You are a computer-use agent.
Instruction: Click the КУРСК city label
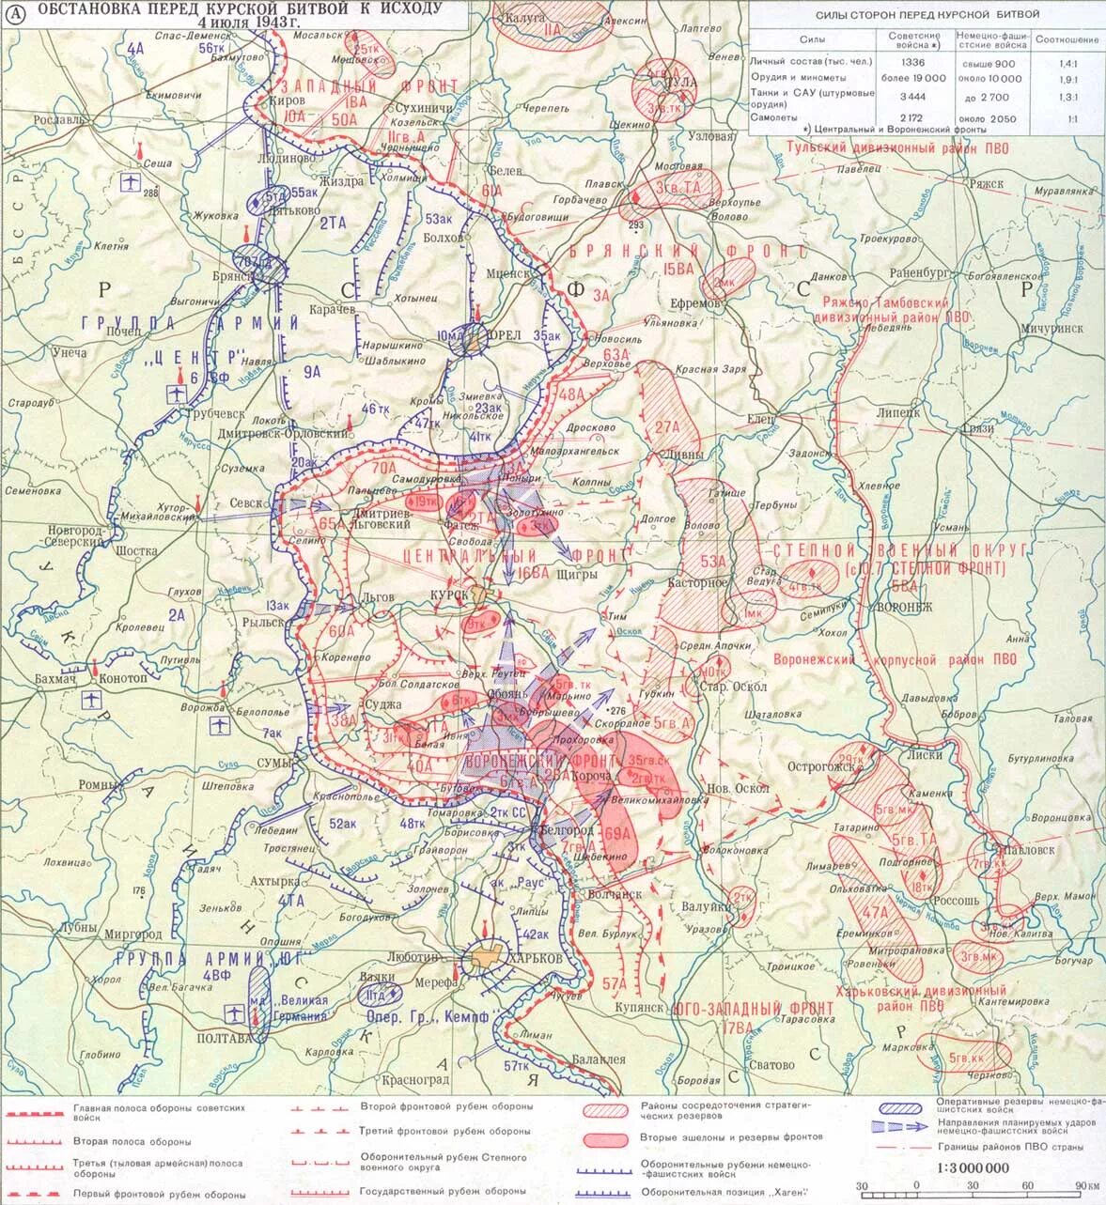448,596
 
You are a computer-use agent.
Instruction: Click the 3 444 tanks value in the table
913,97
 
